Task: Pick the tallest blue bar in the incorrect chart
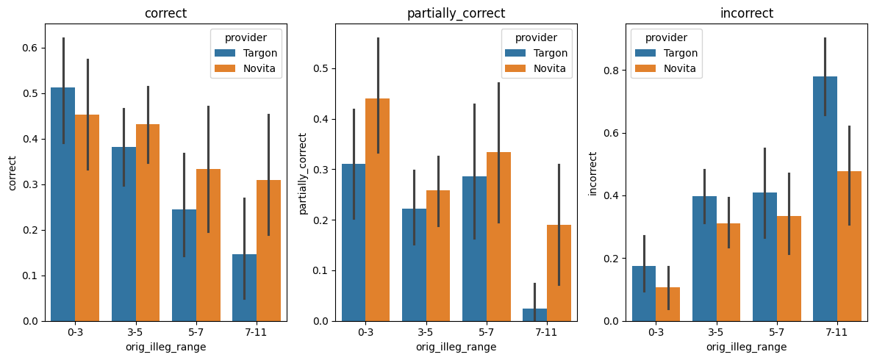825,198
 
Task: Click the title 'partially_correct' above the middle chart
456,13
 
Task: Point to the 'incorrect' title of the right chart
747,13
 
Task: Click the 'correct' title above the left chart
166,13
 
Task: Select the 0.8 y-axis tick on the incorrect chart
609,71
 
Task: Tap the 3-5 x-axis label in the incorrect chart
717,332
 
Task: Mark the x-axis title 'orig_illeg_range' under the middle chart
456,347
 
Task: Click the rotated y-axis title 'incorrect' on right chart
594,173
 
